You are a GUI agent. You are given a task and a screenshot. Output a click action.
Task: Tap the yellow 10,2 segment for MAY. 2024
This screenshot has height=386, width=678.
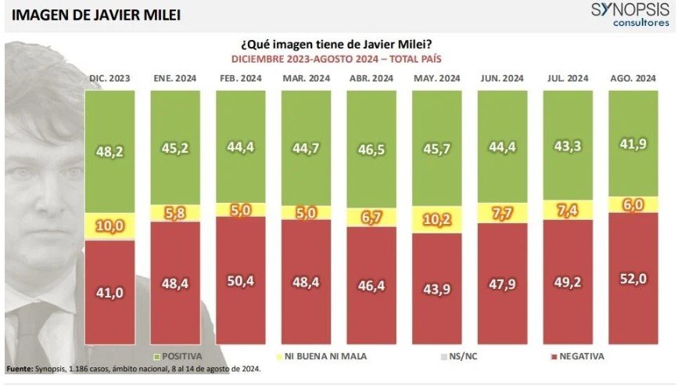pos(436,221)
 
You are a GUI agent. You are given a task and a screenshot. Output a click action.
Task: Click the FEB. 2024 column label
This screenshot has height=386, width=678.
pos(240,79)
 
